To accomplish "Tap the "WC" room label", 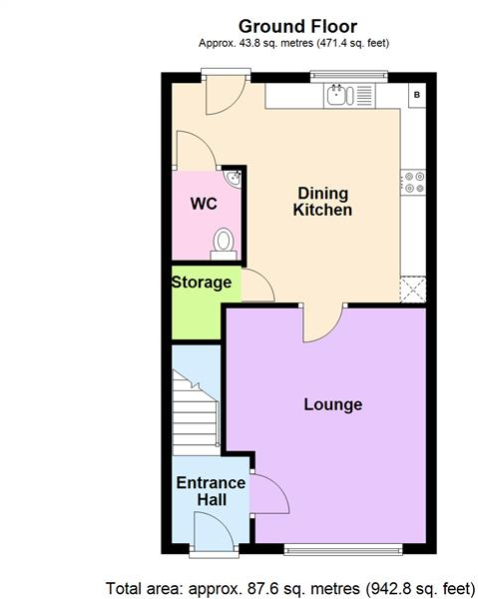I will (204, 204).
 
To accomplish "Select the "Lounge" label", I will (332, 404).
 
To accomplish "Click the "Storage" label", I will (202, 283).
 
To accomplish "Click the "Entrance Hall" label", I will (211, 492).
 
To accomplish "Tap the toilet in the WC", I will (225, 242).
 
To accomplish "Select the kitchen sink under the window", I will (337, 95).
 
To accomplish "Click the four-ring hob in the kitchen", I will (412, 183).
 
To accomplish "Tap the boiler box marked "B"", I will (416, 95).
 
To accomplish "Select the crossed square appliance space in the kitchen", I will (412, 290).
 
